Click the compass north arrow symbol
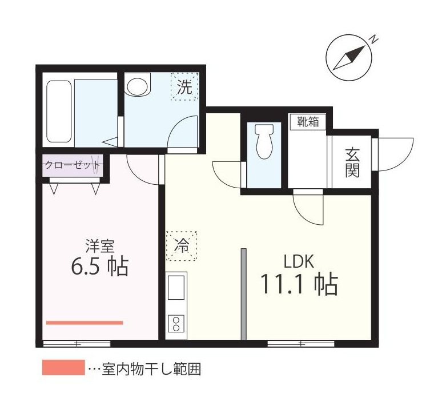(349, 57)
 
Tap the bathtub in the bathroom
(58, 111)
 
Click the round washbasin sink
(137, 86)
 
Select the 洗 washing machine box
(184, 87)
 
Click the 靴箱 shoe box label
(307, 121)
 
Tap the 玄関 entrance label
(352, 162)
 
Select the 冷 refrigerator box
(182, 246)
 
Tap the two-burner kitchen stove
(176, 324)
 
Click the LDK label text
(299, 262)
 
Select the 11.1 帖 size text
(299, 284)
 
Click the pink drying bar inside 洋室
(85, 323)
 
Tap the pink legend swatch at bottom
(63, 368)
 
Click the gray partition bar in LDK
(243, 294)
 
